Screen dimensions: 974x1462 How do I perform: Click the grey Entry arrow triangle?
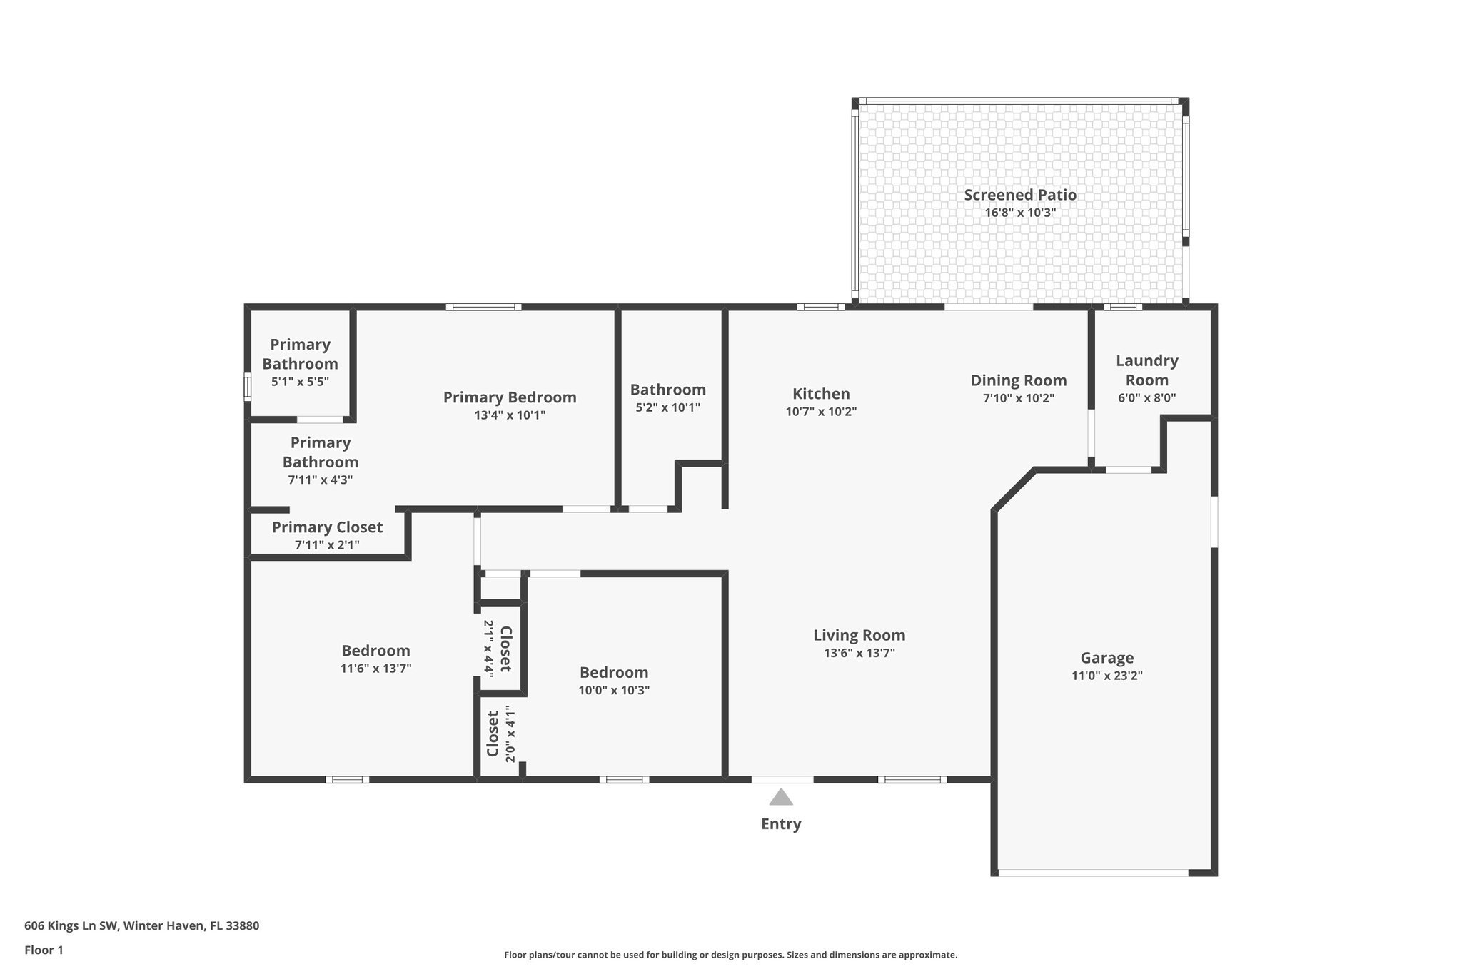pyautogui.click(x=781, y=798)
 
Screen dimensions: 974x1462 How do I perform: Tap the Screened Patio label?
pyautogui.click(x=1019, y=195)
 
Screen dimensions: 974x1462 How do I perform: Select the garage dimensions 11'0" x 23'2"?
pyautogui.click(x=1106, y=676)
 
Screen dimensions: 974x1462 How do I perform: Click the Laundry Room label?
pyautogui.click(x=1146, y=370)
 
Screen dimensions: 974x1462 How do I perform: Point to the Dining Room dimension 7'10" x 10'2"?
pyautogui.click(x=1018, y=399)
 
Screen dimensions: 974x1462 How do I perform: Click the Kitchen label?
pyautogui.click(x=821, y=394)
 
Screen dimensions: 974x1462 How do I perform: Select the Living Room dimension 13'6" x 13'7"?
pyautogui.click(x=859, y=653)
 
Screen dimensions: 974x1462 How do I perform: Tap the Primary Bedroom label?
pyautogui.click(x=510, y=397)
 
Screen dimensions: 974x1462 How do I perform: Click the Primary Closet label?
pyautogui.click(x=327, y=527)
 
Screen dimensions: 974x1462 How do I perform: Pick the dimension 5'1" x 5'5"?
pyautogui.click(x=300, y=382)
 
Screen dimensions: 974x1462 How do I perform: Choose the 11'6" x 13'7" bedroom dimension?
pyautogui.click(x=375, y=669)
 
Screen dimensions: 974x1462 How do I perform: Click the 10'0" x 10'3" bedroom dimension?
pyautogui.click(x=614, y=690)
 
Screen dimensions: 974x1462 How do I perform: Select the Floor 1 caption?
pyautogui.click(x=44, y=950)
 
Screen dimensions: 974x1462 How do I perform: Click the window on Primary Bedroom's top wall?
pyautogui.click(x=483, y=308)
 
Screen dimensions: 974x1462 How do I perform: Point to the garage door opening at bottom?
pyautogui.click(x=1092, y=873)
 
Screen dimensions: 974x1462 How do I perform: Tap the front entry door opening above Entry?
pyautogui.click(x=782, y=779)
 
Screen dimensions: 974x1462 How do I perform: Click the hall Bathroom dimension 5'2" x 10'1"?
pyautogui.click(x=667, y=407)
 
